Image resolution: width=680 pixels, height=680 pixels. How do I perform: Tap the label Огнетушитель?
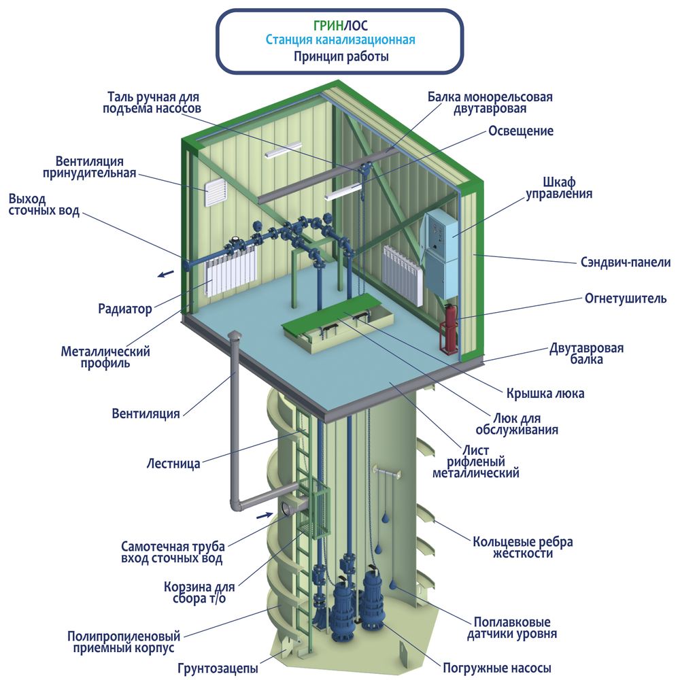(626, 299)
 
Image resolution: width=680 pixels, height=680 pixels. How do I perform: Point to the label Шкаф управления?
(558, 188)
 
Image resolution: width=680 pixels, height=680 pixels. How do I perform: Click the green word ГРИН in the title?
(328, 26)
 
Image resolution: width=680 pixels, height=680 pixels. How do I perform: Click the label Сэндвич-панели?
(626, 262)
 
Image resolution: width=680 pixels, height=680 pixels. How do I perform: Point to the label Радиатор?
(125, 309)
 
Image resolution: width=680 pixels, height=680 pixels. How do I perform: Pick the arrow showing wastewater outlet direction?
(165, 274)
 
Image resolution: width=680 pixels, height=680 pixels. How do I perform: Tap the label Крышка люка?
(545, 393)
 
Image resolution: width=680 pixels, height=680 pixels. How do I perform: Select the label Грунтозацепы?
(218, 668)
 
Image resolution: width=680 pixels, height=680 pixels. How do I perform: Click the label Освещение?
(521, 131)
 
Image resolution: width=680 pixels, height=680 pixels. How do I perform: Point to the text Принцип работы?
(341, 56)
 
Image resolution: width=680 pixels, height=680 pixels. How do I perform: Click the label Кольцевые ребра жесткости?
(522, 547)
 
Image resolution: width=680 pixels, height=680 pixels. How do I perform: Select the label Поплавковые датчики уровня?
(512, 628)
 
